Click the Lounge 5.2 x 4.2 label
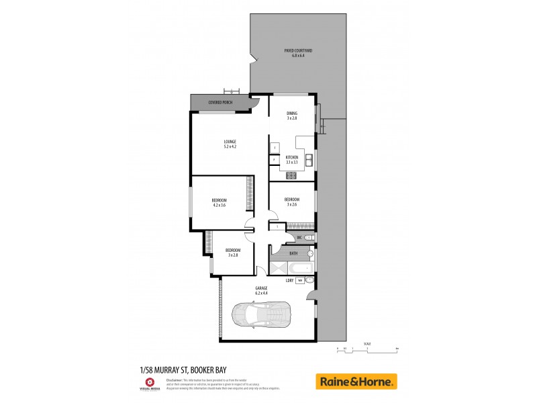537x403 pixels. tap(230, 143)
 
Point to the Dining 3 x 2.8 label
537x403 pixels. tap(292, 116)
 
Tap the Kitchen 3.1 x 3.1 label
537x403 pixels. tap(292, 159)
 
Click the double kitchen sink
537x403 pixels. tap(309, 159)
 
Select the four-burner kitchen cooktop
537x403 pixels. tap(291, 176)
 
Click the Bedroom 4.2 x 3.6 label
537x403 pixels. tap(219, 203)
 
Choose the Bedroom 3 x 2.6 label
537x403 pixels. tap(291, 201)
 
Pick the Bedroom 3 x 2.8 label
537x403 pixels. tap(233, 253)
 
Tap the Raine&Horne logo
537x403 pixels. tap(356, 382)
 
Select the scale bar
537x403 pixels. tap(368, 350)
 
